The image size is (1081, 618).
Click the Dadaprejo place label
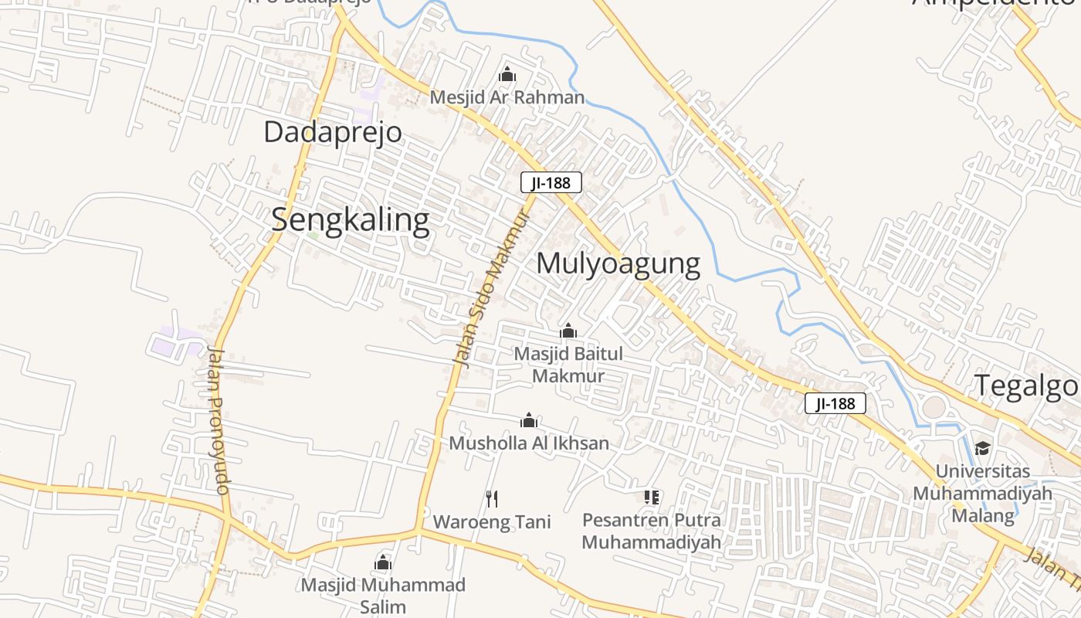(x=333, y=132)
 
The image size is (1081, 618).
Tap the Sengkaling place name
(x=351, y=220)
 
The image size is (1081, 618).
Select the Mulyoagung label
(x=618, y=263)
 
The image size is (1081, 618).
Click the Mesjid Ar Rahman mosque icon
(x=507, y=74)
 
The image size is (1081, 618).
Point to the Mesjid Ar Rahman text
(x=507, y=97)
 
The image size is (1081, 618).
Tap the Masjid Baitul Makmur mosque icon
(x=568, y=331)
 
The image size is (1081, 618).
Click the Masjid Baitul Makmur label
(x=568, y=365)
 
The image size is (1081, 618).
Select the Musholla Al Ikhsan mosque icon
(x=529, y=420)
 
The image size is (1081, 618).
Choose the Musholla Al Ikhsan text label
(x=529, y=443)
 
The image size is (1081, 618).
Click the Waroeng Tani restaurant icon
(x=492, y=499)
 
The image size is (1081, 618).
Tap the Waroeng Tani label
(x=492, y=522)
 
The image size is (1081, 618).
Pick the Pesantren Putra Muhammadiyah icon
(x=652, y=497)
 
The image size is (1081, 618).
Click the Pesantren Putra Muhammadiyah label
(x=652, y=531)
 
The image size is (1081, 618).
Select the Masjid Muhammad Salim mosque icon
(x=383, y=562)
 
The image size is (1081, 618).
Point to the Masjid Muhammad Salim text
(x=383, y=595)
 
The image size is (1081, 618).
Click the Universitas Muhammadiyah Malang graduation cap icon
(x=982, y=448)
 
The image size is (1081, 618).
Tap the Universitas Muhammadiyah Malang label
(x=982, y=493)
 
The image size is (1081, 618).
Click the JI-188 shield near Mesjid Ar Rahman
(x=551, y=183)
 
